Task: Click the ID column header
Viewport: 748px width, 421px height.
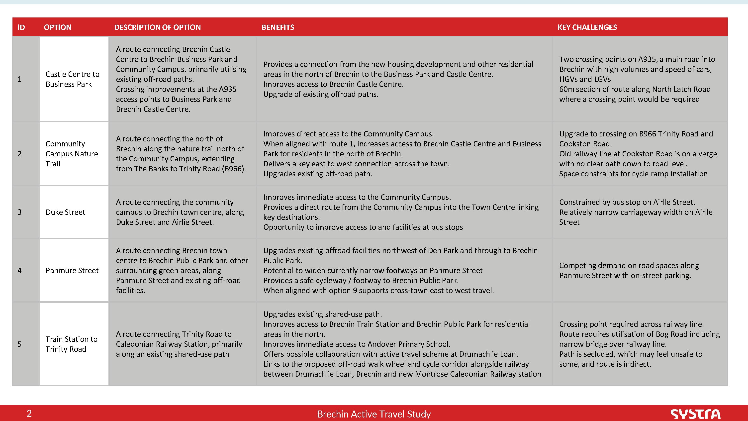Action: pyautogui.click(x=21, y=27)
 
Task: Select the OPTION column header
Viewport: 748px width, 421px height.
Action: pyautogui.click(x=58, y=27)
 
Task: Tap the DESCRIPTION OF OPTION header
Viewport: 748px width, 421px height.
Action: pyautogui.click(x=157, y=27)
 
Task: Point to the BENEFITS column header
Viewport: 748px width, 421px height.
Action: pyautogui.click(x=278, y=27)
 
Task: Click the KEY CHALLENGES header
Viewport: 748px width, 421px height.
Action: pyautogui.click(x=587, y=27)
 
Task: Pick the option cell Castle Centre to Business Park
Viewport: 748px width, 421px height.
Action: pyautogui.click(x=73, y=79)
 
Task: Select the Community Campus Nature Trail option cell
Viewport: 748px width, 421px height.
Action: pyautogui.click(x=72, y=154)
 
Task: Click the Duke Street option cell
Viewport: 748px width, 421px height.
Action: pyautogui.click(x=65, y=212)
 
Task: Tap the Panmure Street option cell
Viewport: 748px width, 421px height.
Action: pyautogui.click(x=72, y=271)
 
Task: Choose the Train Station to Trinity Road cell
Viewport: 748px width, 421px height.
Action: pyautogui.click(x=71, y=344)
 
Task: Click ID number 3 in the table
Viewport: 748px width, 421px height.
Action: pyautogui.click(x=19, y=212)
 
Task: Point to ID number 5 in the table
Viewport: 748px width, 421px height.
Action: pyautogui.click(x=19, y=344)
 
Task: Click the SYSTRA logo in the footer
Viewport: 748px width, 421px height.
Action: pyautogui.click(x=695, y=414)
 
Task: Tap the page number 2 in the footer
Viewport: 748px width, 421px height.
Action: pyautogui.click(x=29, y=414)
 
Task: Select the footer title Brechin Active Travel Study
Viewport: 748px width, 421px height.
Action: pyautogui.click(x=374, y=414)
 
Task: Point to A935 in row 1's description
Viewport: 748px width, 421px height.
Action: pyautogui.click(x=228, y=89)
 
